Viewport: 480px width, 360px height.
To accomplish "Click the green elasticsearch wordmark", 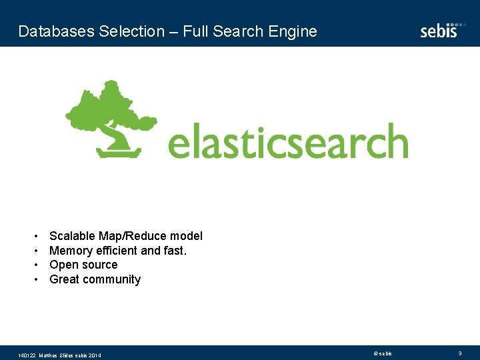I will tap(287, 143).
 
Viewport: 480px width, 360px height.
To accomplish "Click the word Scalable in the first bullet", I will tap(72, 236).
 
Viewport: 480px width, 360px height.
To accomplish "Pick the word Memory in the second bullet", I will tap(71, 251).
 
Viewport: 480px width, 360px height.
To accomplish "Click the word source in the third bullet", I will tap(100, 265).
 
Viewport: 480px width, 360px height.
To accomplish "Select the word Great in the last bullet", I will tap(65, 279).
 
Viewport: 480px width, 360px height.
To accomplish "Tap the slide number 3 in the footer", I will tap(459, 353).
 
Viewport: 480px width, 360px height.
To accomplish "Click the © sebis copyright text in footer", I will tap(383, 353).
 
